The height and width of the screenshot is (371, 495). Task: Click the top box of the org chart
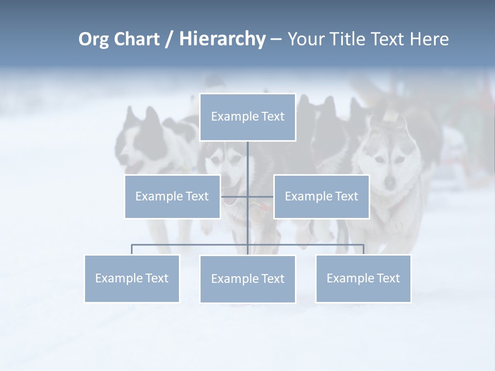247,117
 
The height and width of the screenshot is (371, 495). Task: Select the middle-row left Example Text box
172,196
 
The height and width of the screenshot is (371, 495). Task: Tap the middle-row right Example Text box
321,196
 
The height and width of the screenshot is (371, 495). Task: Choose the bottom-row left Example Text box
132,278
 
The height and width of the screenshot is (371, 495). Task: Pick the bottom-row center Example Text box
247,279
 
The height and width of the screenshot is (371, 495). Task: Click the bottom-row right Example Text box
363,278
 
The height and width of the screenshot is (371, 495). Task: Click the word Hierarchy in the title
222,39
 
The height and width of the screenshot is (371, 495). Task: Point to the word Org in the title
93,39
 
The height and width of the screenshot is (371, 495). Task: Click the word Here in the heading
429,39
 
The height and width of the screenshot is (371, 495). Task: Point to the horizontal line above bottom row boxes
191,245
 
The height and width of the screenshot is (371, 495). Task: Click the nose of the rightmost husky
390,181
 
